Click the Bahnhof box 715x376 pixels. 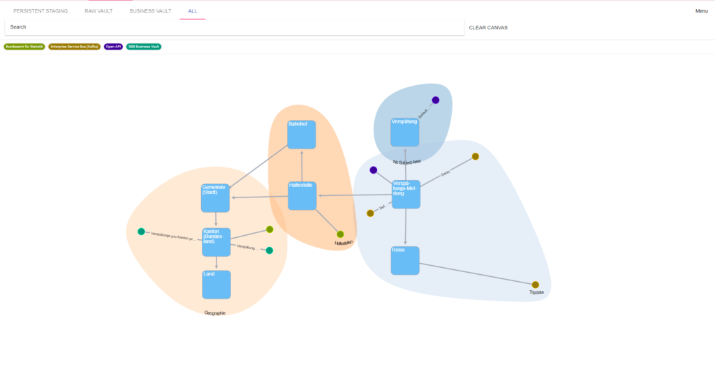[302, 135]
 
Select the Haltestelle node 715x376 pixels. [302, 196]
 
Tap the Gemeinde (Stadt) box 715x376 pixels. [215, 198]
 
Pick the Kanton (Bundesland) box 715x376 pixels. [216, 242]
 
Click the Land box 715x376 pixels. [216, 285]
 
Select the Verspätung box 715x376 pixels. [405, 133]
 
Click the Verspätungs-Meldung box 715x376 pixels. [406, 194]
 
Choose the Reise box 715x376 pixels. [405, 260]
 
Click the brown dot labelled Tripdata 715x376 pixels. [536, 285]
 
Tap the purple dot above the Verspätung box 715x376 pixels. [436, 100]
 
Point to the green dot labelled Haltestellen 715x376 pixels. [341, 234]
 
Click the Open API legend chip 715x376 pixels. [113, 47]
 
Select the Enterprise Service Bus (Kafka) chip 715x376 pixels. [74, 47]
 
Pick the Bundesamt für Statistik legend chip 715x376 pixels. [24, 47]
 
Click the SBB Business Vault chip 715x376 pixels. [144, 47]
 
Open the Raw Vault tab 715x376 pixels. [98, 11]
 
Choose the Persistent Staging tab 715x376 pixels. [40, 11]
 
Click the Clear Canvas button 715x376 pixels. [488, 28]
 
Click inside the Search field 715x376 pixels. [234, 27]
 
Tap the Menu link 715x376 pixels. [701, 11]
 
